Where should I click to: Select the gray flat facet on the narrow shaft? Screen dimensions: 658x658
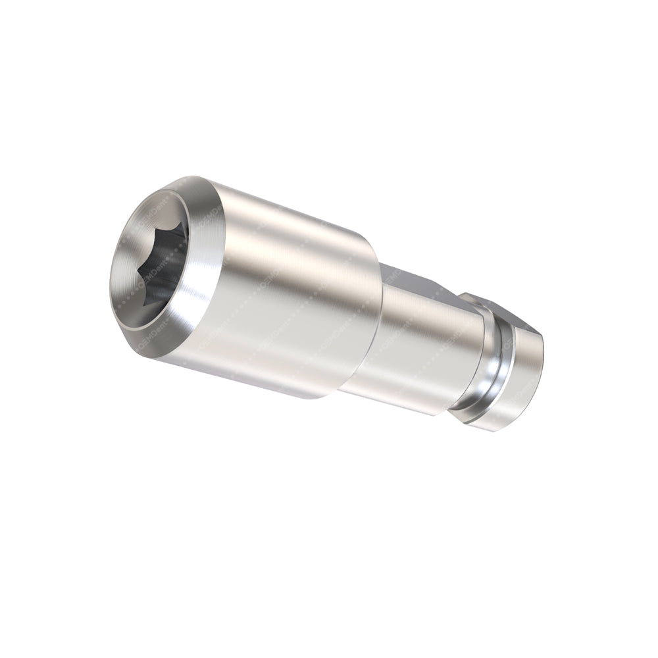point(411,280)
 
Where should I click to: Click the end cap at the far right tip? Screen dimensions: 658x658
point(520,382)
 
